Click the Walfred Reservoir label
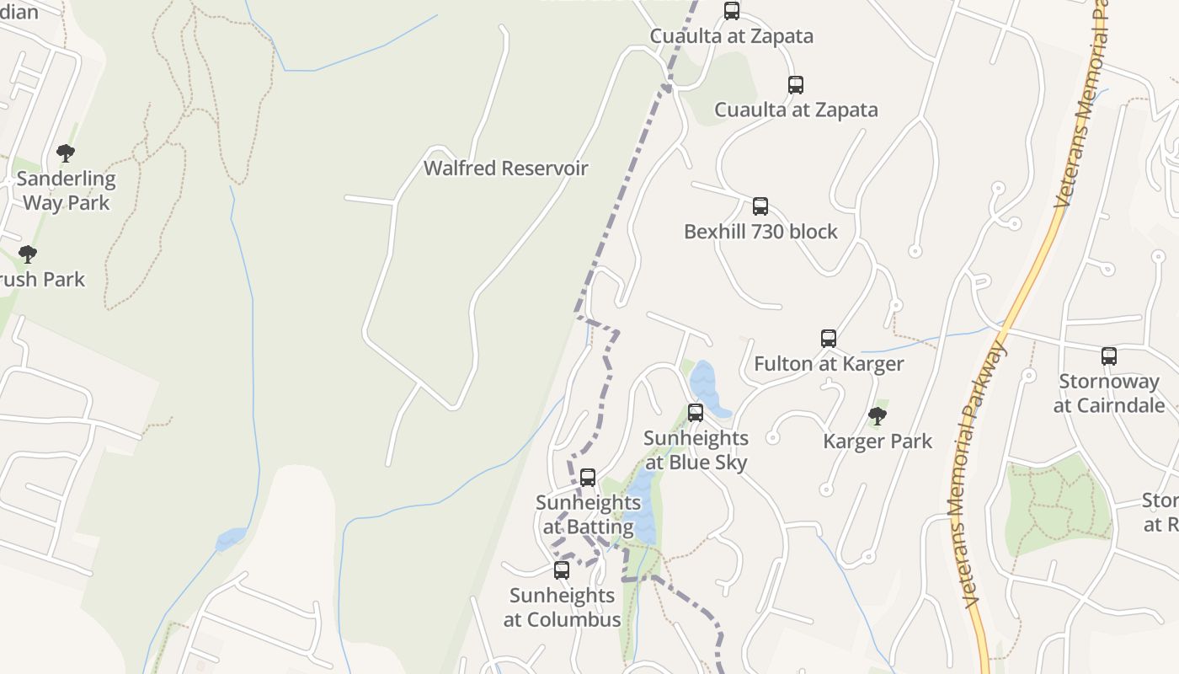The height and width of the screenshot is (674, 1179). [x=505, y=168]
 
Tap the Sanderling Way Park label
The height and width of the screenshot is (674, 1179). [x=67, y=190]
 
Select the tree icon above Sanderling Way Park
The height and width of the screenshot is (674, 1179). [x=66, y=153]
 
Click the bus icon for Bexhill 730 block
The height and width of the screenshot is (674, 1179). [x=760, y=206]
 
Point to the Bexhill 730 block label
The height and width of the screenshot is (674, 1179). [x=760, y=232]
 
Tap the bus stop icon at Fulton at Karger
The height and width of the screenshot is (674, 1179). [x=829, y=339]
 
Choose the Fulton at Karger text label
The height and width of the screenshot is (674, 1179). [x=829, y=364]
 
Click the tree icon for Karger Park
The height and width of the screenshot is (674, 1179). [x=878, y=415]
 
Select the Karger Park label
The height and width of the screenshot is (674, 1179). [x=878, y=441]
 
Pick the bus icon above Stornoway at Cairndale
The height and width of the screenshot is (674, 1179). [x=1109, y=356]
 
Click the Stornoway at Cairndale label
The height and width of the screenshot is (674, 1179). [x=1109, y=393]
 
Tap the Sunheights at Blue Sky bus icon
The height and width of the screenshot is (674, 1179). [x=696, y=413]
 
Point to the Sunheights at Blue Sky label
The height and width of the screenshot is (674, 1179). [x=696, y=450]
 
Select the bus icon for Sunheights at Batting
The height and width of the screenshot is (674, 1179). [x=588, y=478]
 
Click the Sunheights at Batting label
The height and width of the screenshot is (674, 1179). [x=588, y=515]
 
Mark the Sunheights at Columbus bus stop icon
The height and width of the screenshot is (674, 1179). [x=562, y=570]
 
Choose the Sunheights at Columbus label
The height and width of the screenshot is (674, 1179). [x=562, y=607]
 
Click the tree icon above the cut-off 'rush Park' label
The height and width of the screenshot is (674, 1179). [x=28, y=254]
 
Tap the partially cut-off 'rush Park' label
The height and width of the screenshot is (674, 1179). [x=42, y=280]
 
